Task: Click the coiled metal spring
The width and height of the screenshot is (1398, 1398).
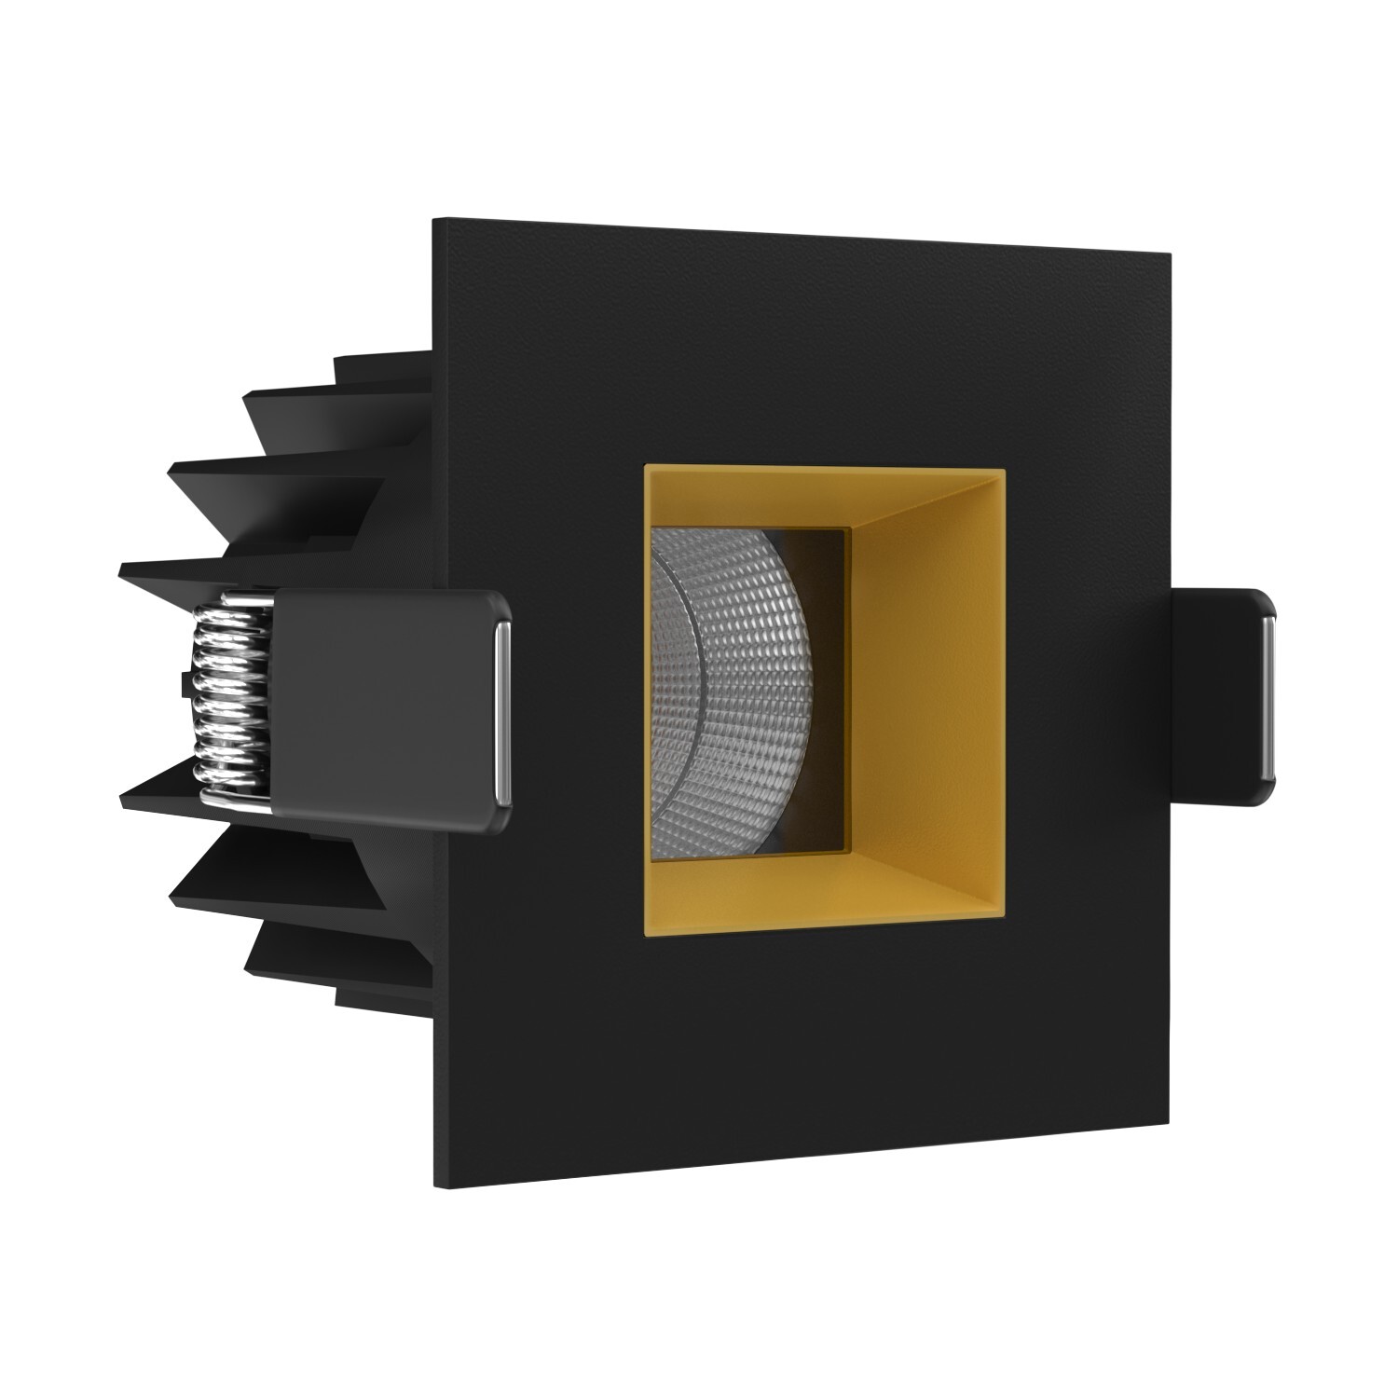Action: [x=231, y=694]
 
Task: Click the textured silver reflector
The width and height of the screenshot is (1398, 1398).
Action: [x=736, y=690]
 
